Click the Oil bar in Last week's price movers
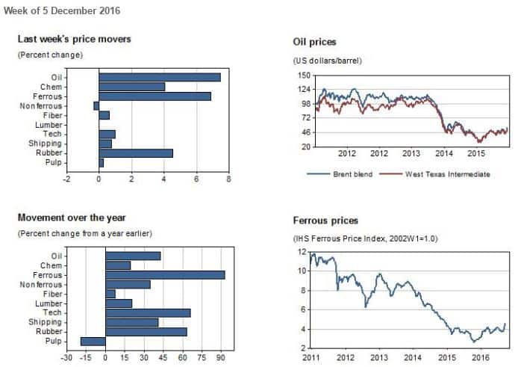pyautogui.click(x=159, y=77)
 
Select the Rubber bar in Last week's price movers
pyautogui.click(x=135, y=153)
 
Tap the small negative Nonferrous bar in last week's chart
pyautogui.click(x=96, y=106)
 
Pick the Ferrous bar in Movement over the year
pyautogui.click(x=165, y=275)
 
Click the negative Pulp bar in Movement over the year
pyautogui.click(x=93, y=342)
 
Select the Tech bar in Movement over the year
pyautogui.click(x=148, y=312)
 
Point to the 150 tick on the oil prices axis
pyautogui.click(x=304, y=75)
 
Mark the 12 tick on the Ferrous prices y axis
pyautogui.click(x=302, y=252)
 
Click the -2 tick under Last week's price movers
pyautogui.click(x=66, y=179)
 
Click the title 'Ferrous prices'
pyautogui.click(x=325, y=220)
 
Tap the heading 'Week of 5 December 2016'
pyautogui.click(x=62, y=10)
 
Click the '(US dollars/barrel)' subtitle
pyautogui.click(x=328, y=60)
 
